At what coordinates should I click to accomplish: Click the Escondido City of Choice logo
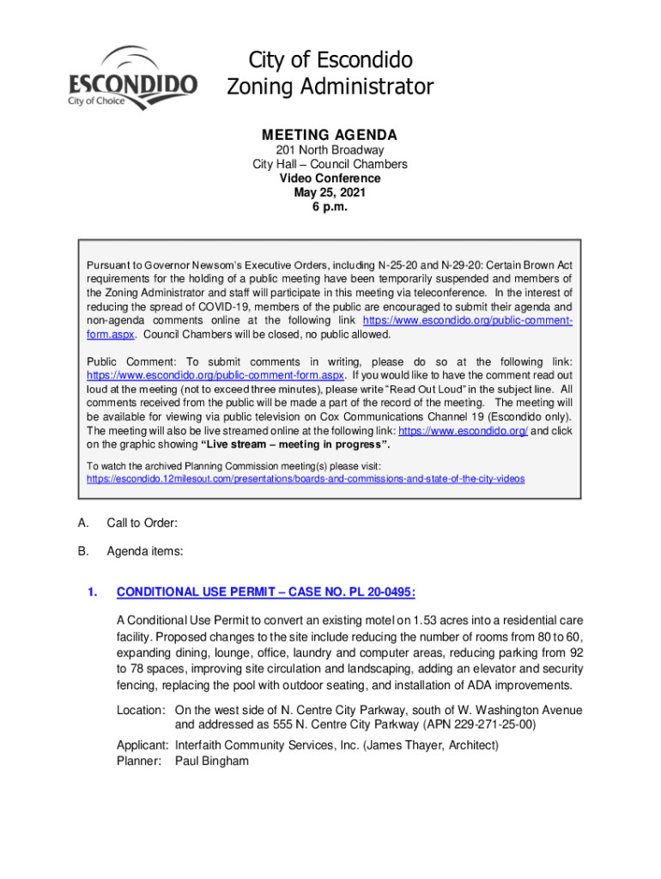[x=132, y=78]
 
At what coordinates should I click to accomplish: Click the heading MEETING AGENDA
[x=330, y=135]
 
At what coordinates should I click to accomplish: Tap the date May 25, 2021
[x=330, y=192]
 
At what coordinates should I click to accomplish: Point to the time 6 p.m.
[x=330, y=207]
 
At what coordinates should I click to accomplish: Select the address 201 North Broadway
[x=330, y=150]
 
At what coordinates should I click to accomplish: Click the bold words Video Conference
[x=330, y=179]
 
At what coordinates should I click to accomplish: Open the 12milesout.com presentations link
[x=306, y=477]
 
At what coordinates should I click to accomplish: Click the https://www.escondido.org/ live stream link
[x=464, y=430]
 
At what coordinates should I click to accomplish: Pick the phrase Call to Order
[x=142, y=523]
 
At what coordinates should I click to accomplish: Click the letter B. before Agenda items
[x=82, y=551]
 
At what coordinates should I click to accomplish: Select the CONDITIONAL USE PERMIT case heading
[x=266, y=591]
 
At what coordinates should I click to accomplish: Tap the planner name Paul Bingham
[x=212, y=761]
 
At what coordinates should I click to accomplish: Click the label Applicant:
[x=143, y=744]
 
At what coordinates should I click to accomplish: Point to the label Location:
[x=141, y=710]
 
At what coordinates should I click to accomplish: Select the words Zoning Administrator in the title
[x=330, y=87]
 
